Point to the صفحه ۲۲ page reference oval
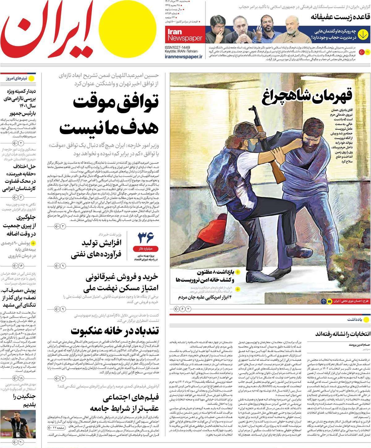pos(56,436)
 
